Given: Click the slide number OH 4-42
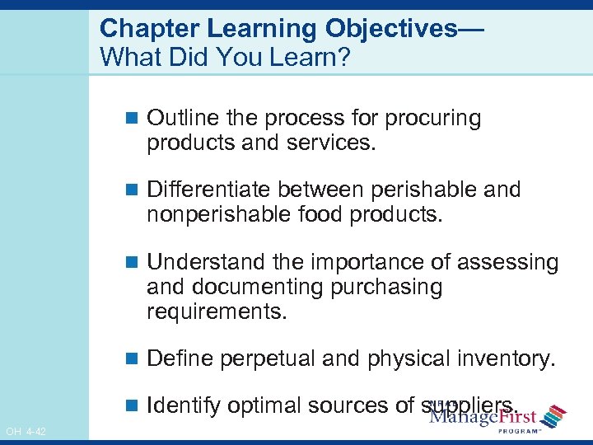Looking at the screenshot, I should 26,431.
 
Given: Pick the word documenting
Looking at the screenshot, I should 258,288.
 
